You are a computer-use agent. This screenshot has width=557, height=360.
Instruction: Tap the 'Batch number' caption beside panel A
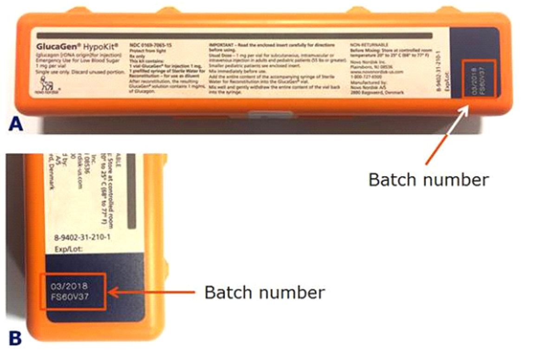coord(428,179)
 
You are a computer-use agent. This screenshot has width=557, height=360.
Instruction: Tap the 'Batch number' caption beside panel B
coord(265,293)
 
